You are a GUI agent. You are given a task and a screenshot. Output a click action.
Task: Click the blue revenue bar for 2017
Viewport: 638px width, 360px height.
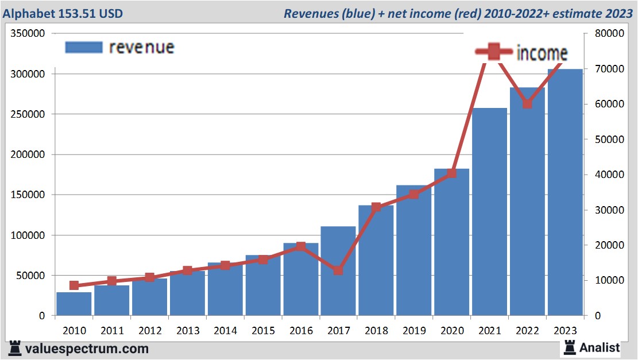(x=338, y=276)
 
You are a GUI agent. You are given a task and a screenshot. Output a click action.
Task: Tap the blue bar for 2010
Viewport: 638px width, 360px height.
(x=74, y=304)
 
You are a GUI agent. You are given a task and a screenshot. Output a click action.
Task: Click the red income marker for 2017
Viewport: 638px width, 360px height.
(x=338, y=270)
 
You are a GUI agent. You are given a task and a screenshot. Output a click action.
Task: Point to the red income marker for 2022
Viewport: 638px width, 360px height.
(x=527, y=104)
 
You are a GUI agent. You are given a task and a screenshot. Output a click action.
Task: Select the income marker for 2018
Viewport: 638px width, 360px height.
(x=376, y=207)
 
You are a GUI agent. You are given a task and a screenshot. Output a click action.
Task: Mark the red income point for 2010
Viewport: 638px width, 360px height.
(x=74, y=285)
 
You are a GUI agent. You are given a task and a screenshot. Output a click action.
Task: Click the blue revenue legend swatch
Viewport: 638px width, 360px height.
(x=84, y=47)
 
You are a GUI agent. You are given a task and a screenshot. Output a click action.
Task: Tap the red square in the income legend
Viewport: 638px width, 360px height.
(x=494, y=52)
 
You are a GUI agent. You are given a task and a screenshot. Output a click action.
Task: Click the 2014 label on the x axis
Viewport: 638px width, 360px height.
(x=226, y=331)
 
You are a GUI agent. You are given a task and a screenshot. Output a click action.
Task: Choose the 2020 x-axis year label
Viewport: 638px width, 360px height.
(x=452, y=331)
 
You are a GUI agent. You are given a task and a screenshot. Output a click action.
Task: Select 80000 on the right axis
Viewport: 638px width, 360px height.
(x=609, y=33)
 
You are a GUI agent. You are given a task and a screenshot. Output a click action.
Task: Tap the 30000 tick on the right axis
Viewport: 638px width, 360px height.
(x=609, y=210)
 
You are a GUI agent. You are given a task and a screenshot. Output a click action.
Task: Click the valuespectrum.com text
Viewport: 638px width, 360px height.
(x=86, y=349)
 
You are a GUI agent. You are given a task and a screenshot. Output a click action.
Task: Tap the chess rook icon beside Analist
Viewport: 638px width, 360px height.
(x=570, y=347)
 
